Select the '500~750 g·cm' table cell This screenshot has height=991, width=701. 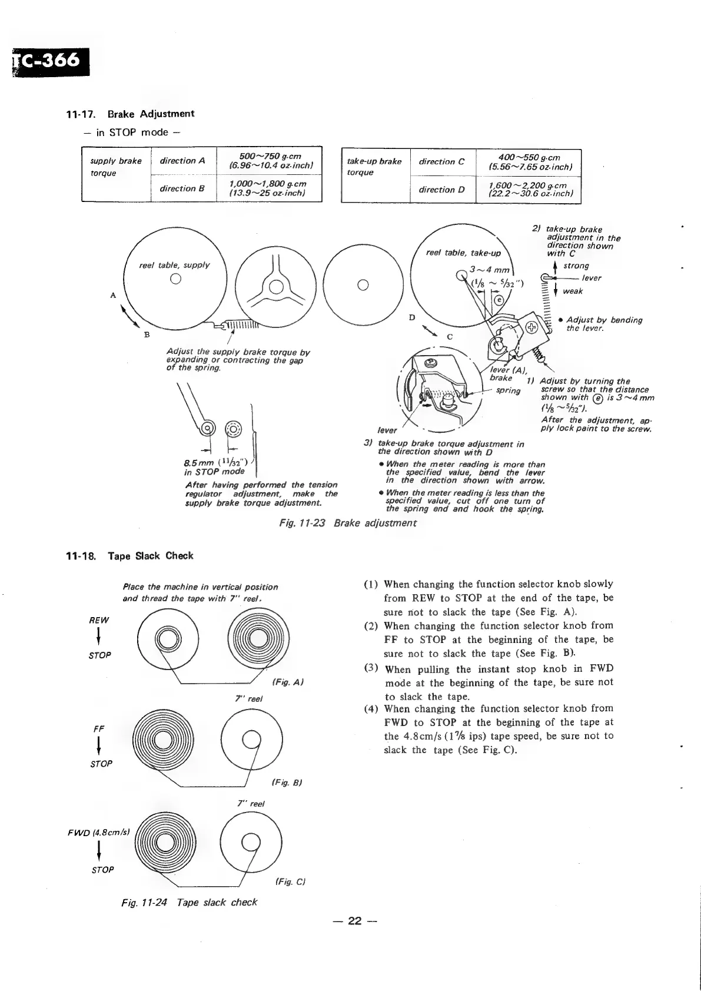(x=270, y=160)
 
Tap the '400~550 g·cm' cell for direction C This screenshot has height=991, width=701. (x=528, y=162)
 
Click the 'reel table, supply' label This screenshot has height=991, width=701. (x=174, y=265)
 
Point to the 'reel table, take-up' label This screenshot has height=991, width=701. (x=463, y=253)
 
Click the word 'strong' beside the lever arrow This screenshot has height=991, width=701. (x=576, y=266)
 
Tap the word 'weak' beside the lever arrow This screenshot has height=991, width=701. (x=572, y=291)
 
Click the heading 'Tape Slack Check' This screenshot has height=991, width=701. (x=150, y=555)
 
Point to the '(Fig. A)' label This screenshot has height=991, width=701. (x=288, y=682)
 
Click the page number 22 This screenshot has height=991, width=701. (x=353, y=921)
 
